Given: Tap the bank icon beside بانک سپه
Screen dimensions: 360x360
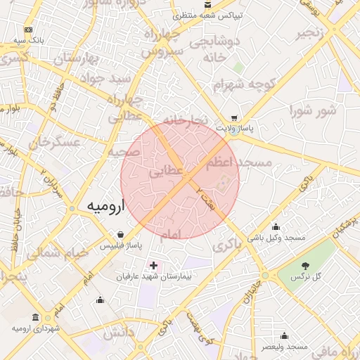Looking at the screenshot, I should (28, 30).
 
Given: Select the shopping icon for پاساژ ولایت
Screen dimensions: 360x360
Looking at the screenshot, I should (234, 119).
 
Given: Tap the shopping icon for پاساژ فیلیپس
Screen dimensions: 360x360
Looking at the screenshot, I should (121, 234).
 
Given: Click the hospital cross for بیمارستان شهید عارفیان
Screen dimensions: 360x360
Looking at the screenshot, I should (153, 266).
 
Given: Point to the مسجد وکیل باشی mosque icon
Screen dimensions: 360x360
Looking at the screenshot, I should (276, 227).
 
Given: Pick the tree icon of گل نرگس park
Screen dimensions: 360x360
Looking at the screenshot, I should (306, 266).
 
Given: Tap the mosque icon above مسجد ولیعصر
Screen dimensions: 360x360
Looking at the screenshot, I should (284, 336).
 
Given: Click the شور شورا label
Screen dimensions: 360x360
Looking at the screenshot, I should (313, 110).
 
